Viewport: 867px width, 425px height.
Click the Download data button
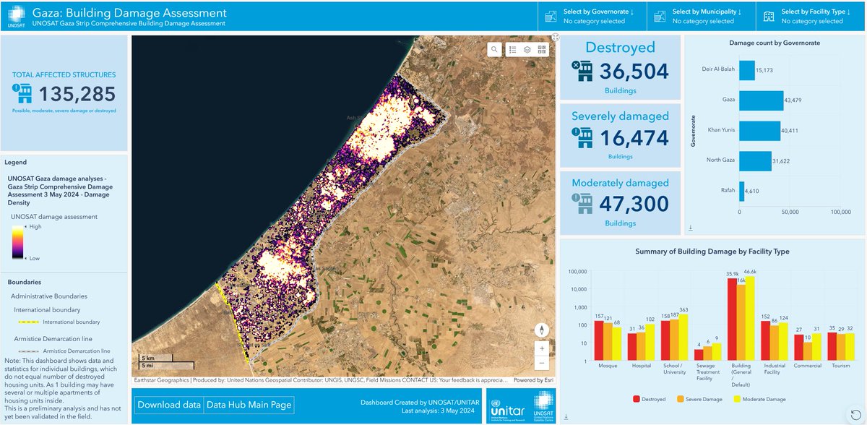point(169,405)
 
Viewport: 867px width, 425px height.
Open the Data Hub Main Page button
point(249,405)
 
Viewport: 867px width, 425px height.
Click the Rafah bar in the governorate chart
point(741,191)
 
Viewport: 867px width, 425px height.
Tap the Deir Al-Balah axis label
point(718,69)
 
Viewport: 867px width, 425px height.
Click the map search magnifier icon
point(494,50)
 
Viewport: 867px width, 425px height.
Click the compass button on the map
point(542,330)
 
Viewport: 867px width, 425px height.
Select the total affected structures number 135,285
point(77,93)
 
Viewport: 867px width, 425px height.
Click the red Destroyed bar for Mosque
point(599,341)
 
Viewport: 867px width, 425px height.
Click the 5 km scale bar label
point(148,358)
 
